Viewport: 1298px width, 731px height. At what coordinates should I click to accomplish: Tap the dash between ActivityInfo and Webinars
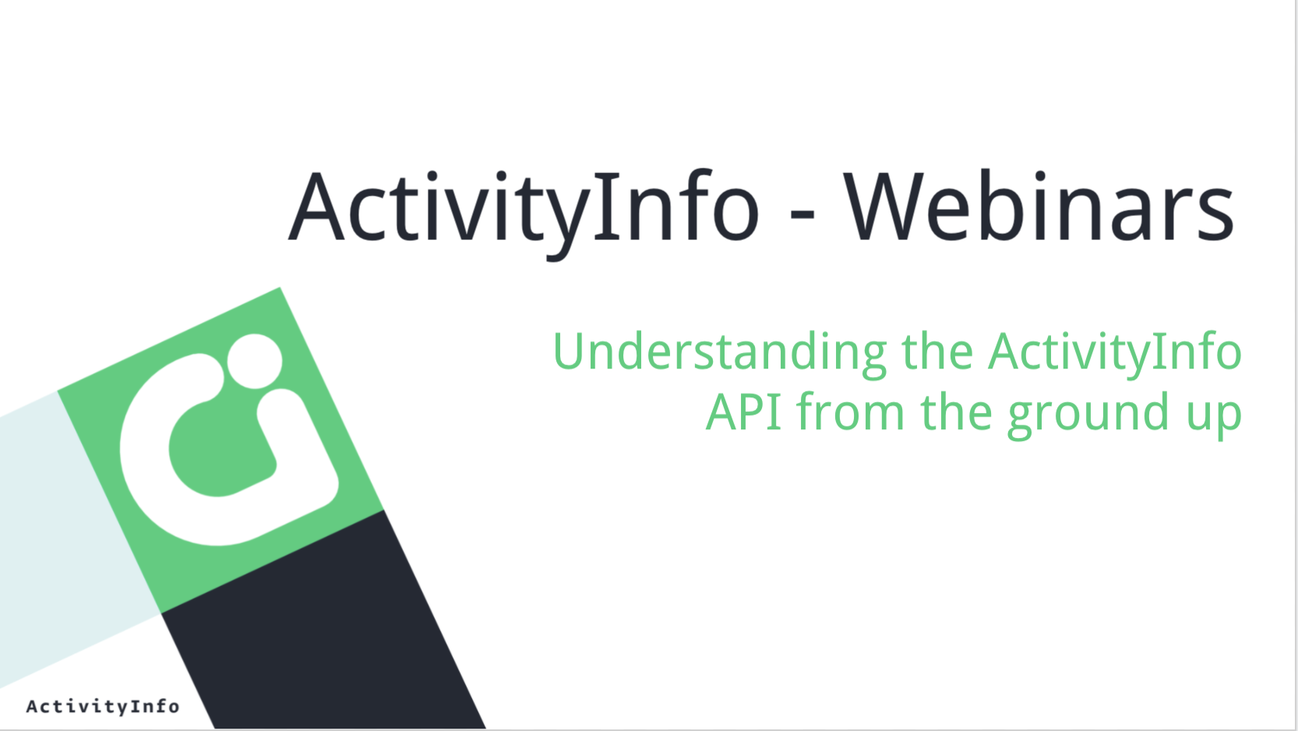coord(802,216)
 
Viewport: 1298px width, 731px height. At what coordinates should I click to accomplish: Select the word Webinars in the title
coord(1039,207)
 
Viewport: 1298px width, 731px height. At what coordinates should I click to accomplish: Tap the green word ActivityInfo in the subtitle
coord(1114,354)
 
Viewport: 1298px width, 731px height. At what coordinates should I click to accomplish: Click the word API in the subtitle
coord(743,411)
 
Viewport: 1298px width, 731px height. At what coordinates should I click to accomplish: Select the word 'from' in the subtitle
coord(850,411)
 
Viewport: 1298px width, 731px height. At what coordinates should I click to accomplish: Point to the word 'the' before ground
coord(956,411)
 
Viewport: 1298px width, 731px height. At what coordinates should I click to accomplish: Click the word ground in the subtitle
coord(1088,415)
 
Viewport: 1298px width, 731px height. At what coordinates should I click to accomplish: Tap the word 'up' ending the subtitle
coord(1213,418)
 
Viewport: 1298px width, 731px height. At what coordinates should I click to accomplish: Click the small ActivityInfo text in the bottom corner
coord(103,707)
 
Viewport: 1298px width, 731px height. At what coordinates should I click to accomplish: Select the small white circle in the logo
coord(255,361)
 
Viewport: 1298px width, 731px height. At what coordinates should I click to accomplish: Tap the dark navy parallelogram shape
coord(324,626)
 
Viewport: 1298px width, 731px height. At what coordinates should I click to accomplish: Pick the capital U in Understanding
coord(573,350)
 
